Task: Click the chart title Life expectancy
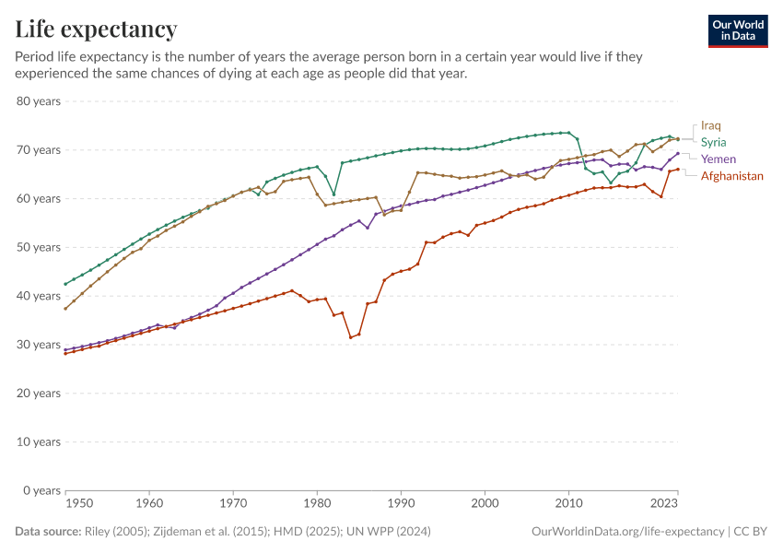point(96,29)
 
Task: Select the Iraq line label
point(710,125)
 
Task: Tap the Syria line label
point(714,142)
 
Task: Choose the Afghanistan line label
point(731,175)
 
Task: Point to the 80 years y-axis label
point(39,101)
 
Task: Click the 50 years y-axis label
point(39,247)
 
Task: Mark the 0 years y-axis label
point(42,490)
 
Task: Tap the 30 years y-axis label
point(39,345)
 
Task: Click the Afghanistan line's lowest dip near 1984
point(351,337)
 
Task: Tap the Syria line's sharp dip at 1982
point(333,194)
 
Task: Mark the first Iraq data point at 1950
point(65,308)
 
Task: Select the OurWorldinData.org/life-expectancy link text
point(627,532)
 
